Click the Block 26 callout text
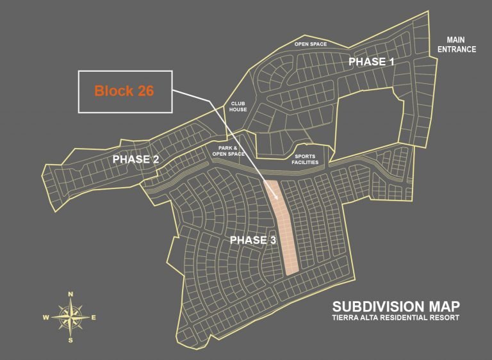click(x=124, y=91)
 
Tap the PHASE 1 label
click(x=372, y=61)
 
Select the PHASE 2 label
click(x=136, y=160)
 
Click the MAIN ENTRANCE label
click(x=456, y=44)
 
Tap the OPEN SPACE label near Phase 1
click(x=310, y=44)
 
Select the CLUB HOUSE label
click(x=238, y=106)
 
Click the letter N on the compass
click(x=70, y=294)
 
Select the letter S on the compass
click(x=70, y=340)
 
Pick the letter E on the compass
click(x=94, y=317)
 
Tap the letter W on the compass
click(x=46, y=317)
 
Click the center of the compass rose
click(x=70, y=316)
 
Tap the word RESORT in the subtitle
click(x=443, y=318)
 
